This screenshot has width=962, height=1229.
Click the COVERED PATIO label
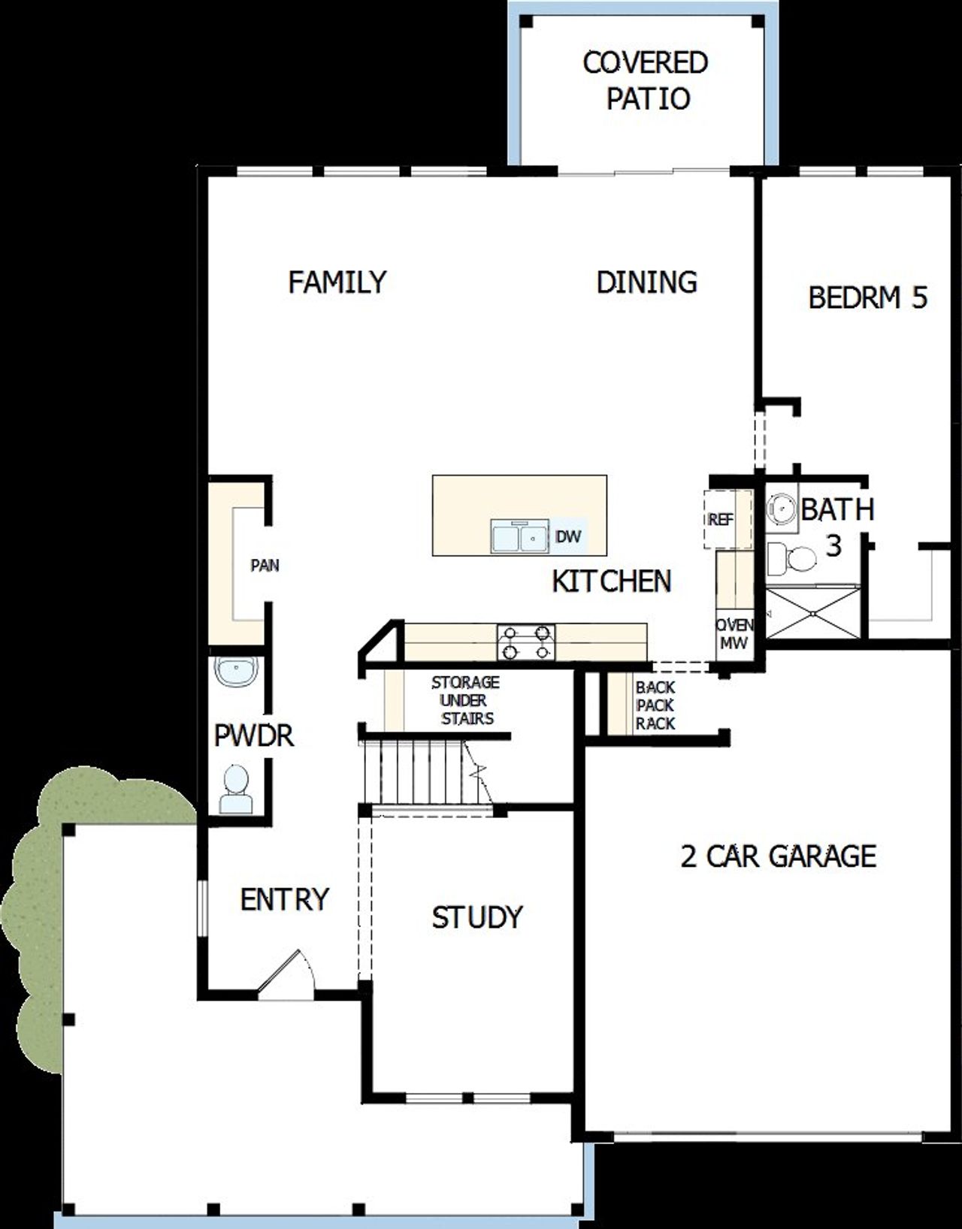click(x=646, y=80)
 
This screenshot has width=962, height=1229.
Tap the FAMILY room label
click(x=337, y=282)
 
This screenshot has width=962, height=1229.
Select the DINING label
click(x=646, y=282)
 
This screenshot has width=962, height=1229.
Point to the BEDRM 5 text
click(x=867, y=298)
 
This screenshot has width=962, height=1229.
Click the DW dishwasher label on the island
click(x=568, y=536)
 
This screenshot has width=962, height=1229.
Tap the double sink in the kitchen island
click(x=518, y=537)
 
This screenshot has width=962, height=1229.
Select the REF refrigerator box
click(x=721, y=519)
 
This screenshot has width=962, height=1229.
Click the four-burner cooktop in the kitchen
click(x=525, y=643)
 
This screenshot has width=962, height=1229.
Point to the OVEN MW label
click(x=734, y=634)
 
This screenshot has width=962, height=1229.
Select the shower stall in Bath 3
click(x=813, y=612)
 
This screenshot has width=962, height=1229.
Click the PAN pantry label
click(x=265, y=565)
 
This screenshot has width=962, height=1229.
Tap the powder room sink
click(x=236, y=671)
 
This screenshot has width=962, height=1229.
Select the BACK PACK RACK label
click(x=655, y=705)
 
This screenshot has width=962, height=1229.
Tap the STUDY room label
click(x=476, y=917)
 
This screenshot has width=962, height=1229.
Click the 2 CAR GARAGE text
click(x=778, y=856)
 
